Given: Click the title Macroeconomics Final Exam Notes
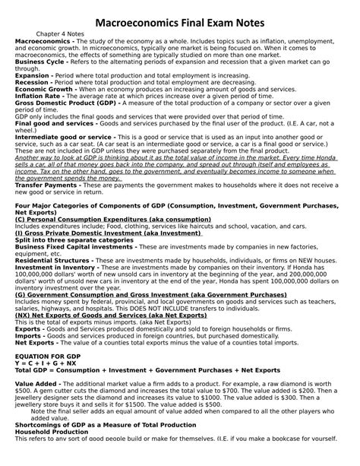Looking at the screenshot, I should [x=180, y=24].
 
